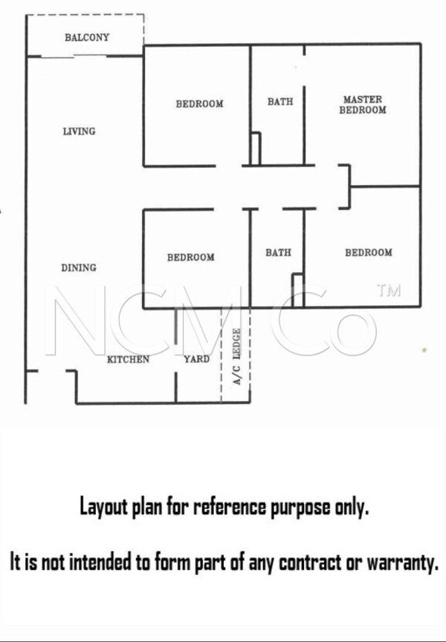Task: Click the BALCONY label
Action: [87, 38]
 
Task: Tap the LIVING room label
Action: [79, 132]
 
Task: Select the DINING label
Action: [79, 267]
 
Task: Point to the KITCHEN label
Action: [128, 360]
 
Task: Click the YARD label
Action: [196, 359]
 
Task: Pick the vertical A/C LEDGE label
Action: [236, 357]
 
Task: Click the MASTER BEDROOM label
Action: [363, 105]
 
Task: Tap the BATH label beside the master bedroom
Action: [280, 102]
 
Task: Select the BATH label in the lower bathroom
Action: [279, 253]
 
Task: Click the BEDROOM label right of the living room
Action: [200, 104]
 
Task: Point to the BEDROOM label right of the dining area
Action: [191, 258]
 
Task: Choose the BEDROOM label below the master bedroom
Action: [369, 253]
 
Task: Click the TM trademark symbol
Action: [389, 291]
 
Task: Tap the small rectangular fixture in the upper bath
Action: [255, 149]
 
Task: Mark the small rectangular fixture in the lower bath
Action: [298, 290]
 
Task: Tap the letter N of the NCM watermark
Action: [75, 320]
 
